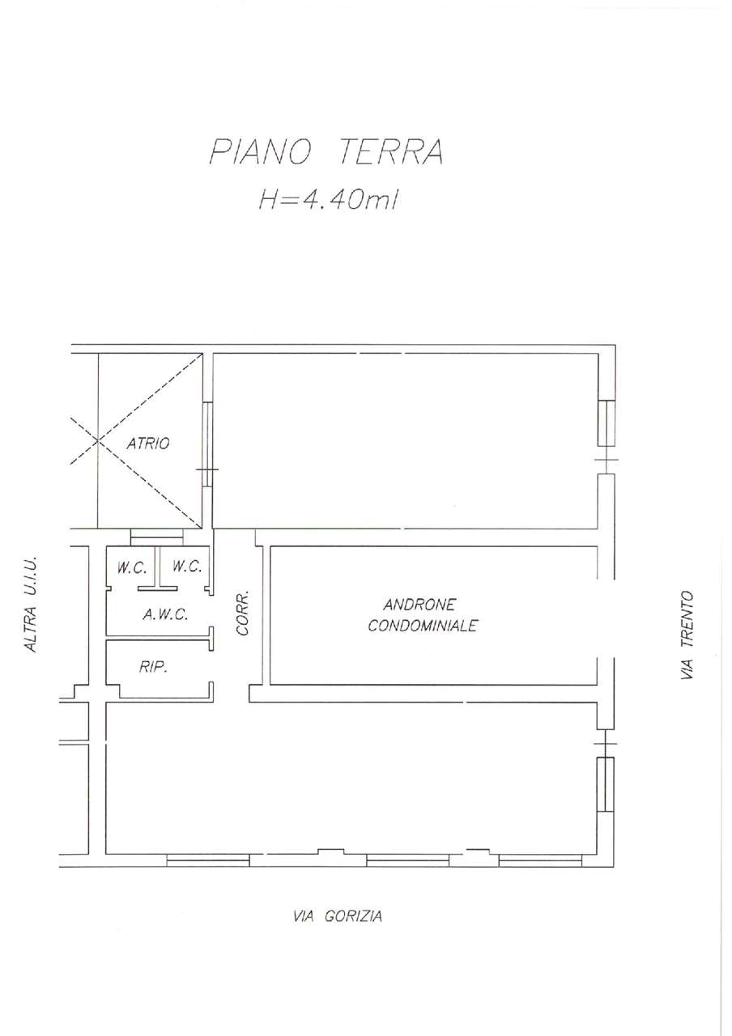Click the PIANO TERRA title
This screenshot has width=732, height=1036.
(326, 151)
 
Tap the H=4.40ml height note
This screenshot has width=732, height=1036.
(328, 201)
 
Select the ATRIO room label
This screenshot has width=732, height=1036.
(148, 444)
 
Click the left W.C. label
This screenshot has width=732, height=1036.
(131, 568)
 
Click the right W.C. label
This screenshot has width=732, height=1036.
(187, 566)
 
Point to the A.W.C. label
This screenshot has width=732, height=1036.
(165, 614)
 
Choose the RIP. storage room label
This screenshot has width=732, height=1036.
(153, 668)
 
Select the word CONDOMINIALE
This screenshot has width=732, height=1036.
(423, 626)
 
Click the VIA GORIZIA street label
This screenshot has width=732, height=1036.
(338, 915)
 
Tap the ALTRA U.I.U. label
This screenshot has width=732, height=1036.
(31, 605)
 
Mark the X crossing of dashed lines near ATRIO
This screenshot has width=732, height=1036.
(98, 440)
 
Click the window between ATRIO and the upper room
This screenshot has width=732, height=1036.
(208, 444)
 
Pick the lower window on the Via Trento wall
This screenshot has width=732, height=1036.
(606, 784)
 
